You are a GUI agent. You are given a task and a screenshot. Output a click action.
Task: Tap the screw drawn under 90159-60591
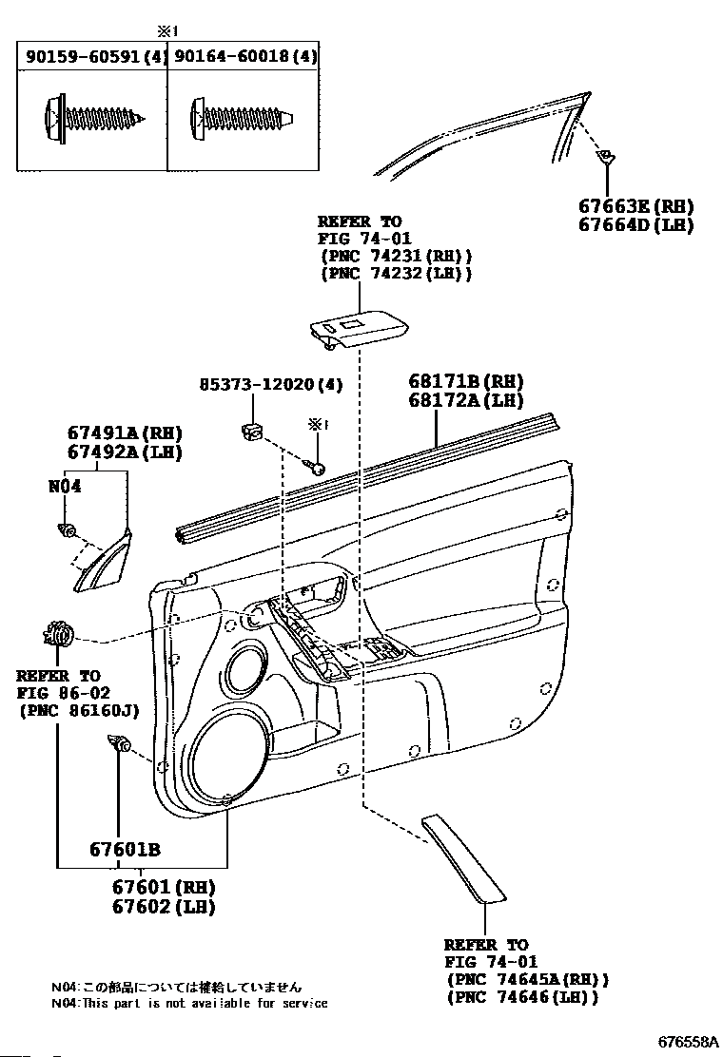click(94, 120)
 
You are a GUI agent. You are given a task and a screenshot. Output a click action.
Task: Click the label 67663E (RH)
click(636, 206)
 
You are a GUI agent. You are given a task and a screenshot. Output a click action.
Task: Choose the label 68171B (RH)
click(466, 381)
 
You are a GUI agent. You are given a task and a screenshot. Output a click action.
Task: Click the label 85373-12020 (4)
click(271, 384)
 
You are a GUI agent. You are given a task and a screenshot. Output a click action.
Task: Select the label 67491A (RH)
click(125, 432)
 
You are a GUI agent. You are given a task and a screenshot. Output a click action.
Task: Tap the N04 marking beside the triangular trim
click(65, 486)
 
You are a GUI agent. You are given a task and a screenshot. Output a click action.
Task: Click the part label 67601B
click(125, 850)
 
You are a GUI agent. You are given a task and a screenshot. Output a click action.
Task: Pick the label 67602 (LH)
click(164, 907)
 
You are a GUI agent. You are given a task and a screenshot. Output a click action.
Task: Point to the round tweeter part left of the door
click(59, 634)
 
